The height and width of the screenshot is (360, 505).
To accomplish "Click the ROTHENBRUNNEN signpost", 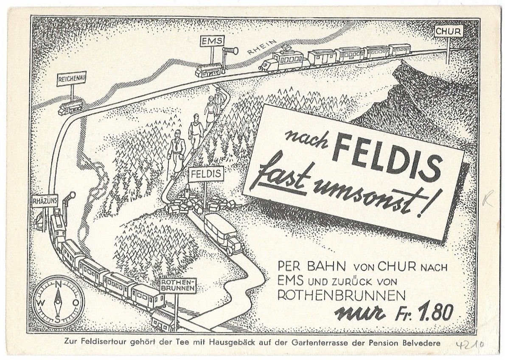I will (179, 285).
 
